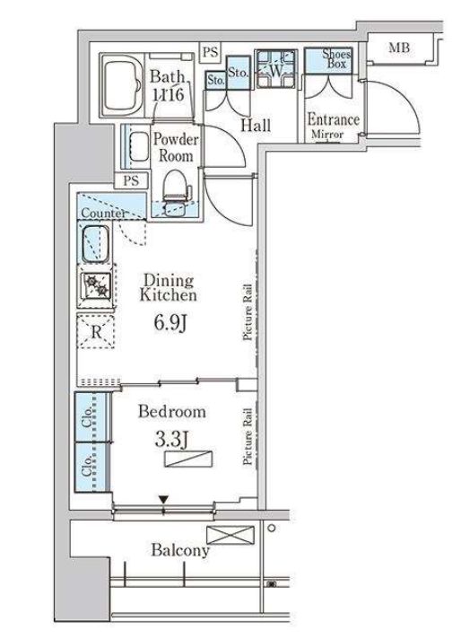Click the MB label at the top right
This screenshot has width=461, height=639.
click(399, 48)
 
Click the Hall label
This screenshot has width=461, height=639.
click(256, 126)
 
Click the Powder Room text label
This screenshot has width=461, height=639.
click(176, 147)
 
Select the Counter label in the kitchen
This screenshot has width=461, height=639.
click(101, 214)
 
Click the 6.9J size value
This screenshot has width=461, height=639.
click(168, 323)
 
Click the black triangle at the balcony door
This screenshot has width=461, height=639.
click(162, 499)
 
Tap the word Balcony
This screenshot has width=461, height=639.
click(180, 550)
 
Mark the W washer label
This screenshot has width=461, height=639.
click(273, 70)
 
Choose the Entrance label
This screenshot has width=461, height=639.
click(333, 119)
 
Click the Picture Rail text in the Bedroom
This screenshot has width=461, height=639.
click(246, 437)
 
